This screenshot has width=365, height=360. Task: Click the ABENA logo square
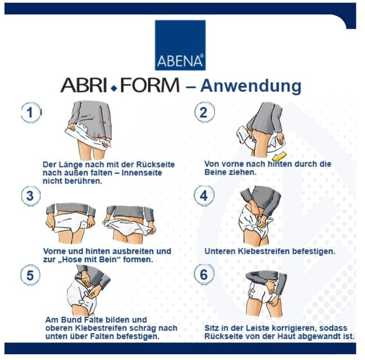point(180,45)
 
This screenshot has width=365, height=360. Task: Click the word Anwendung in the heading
point(251,87)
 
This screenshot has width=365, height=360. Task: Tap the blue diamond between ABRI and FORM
point(114,88)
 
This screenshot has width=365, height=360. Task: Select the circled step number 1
point(31,113)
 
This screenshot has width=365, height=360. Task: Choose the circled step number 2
point(204,113)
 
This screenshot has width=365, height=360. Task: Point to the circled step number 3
point(31,196)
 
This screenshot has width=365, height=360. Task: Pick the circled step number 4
point(204,196)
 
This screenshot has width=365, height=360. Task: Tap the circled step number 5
point(30,275)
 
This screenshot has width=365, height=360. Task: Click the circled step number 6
point(204,275)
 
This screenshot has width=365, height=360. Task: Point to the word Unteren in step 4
point(220,251)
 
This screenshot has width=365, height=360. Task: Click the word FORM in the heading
point(150,85)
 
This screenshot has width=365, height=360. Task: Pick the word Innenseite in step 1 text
point(142,173)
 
